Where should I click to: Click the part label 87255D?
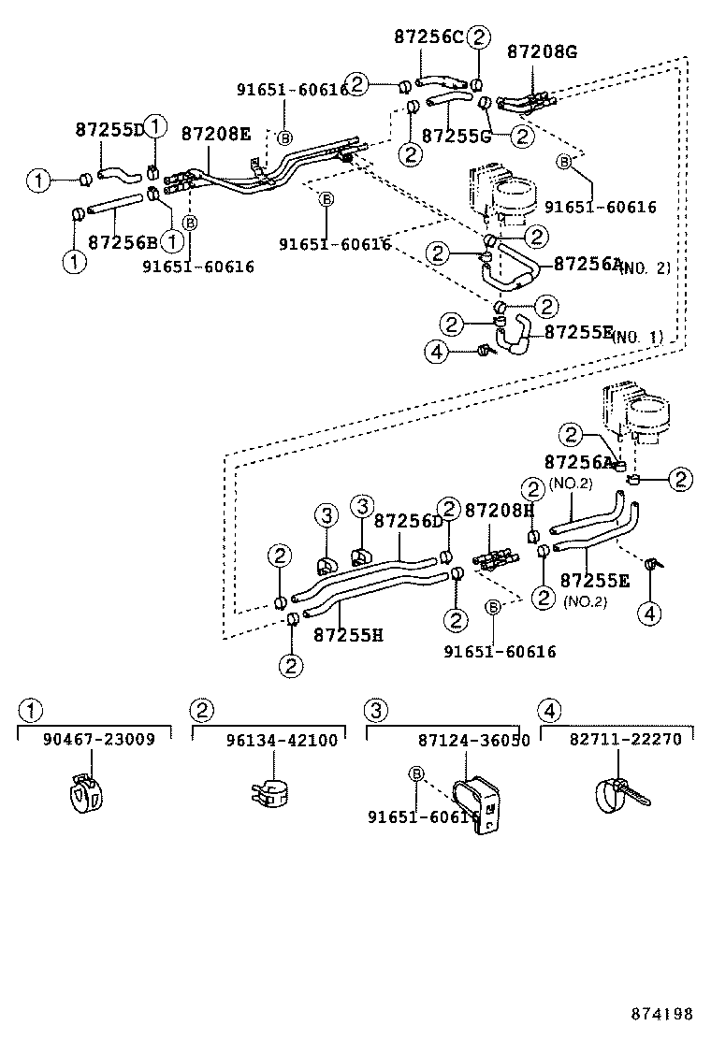coord(109,131)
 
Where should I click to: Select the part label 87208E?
coord(215,134)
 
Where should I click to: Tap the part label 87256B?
coord(122,243)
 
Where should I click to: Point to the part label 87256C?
coord(428,37)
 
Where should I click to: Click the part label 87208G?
coord(542,52)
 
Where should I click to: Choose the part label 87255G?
coord(457,137)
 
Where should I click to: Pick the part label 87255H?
coord(348,635)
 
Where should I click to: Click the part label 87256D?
coord(408,521)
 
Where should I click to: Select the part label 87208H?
coord(500,511)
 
